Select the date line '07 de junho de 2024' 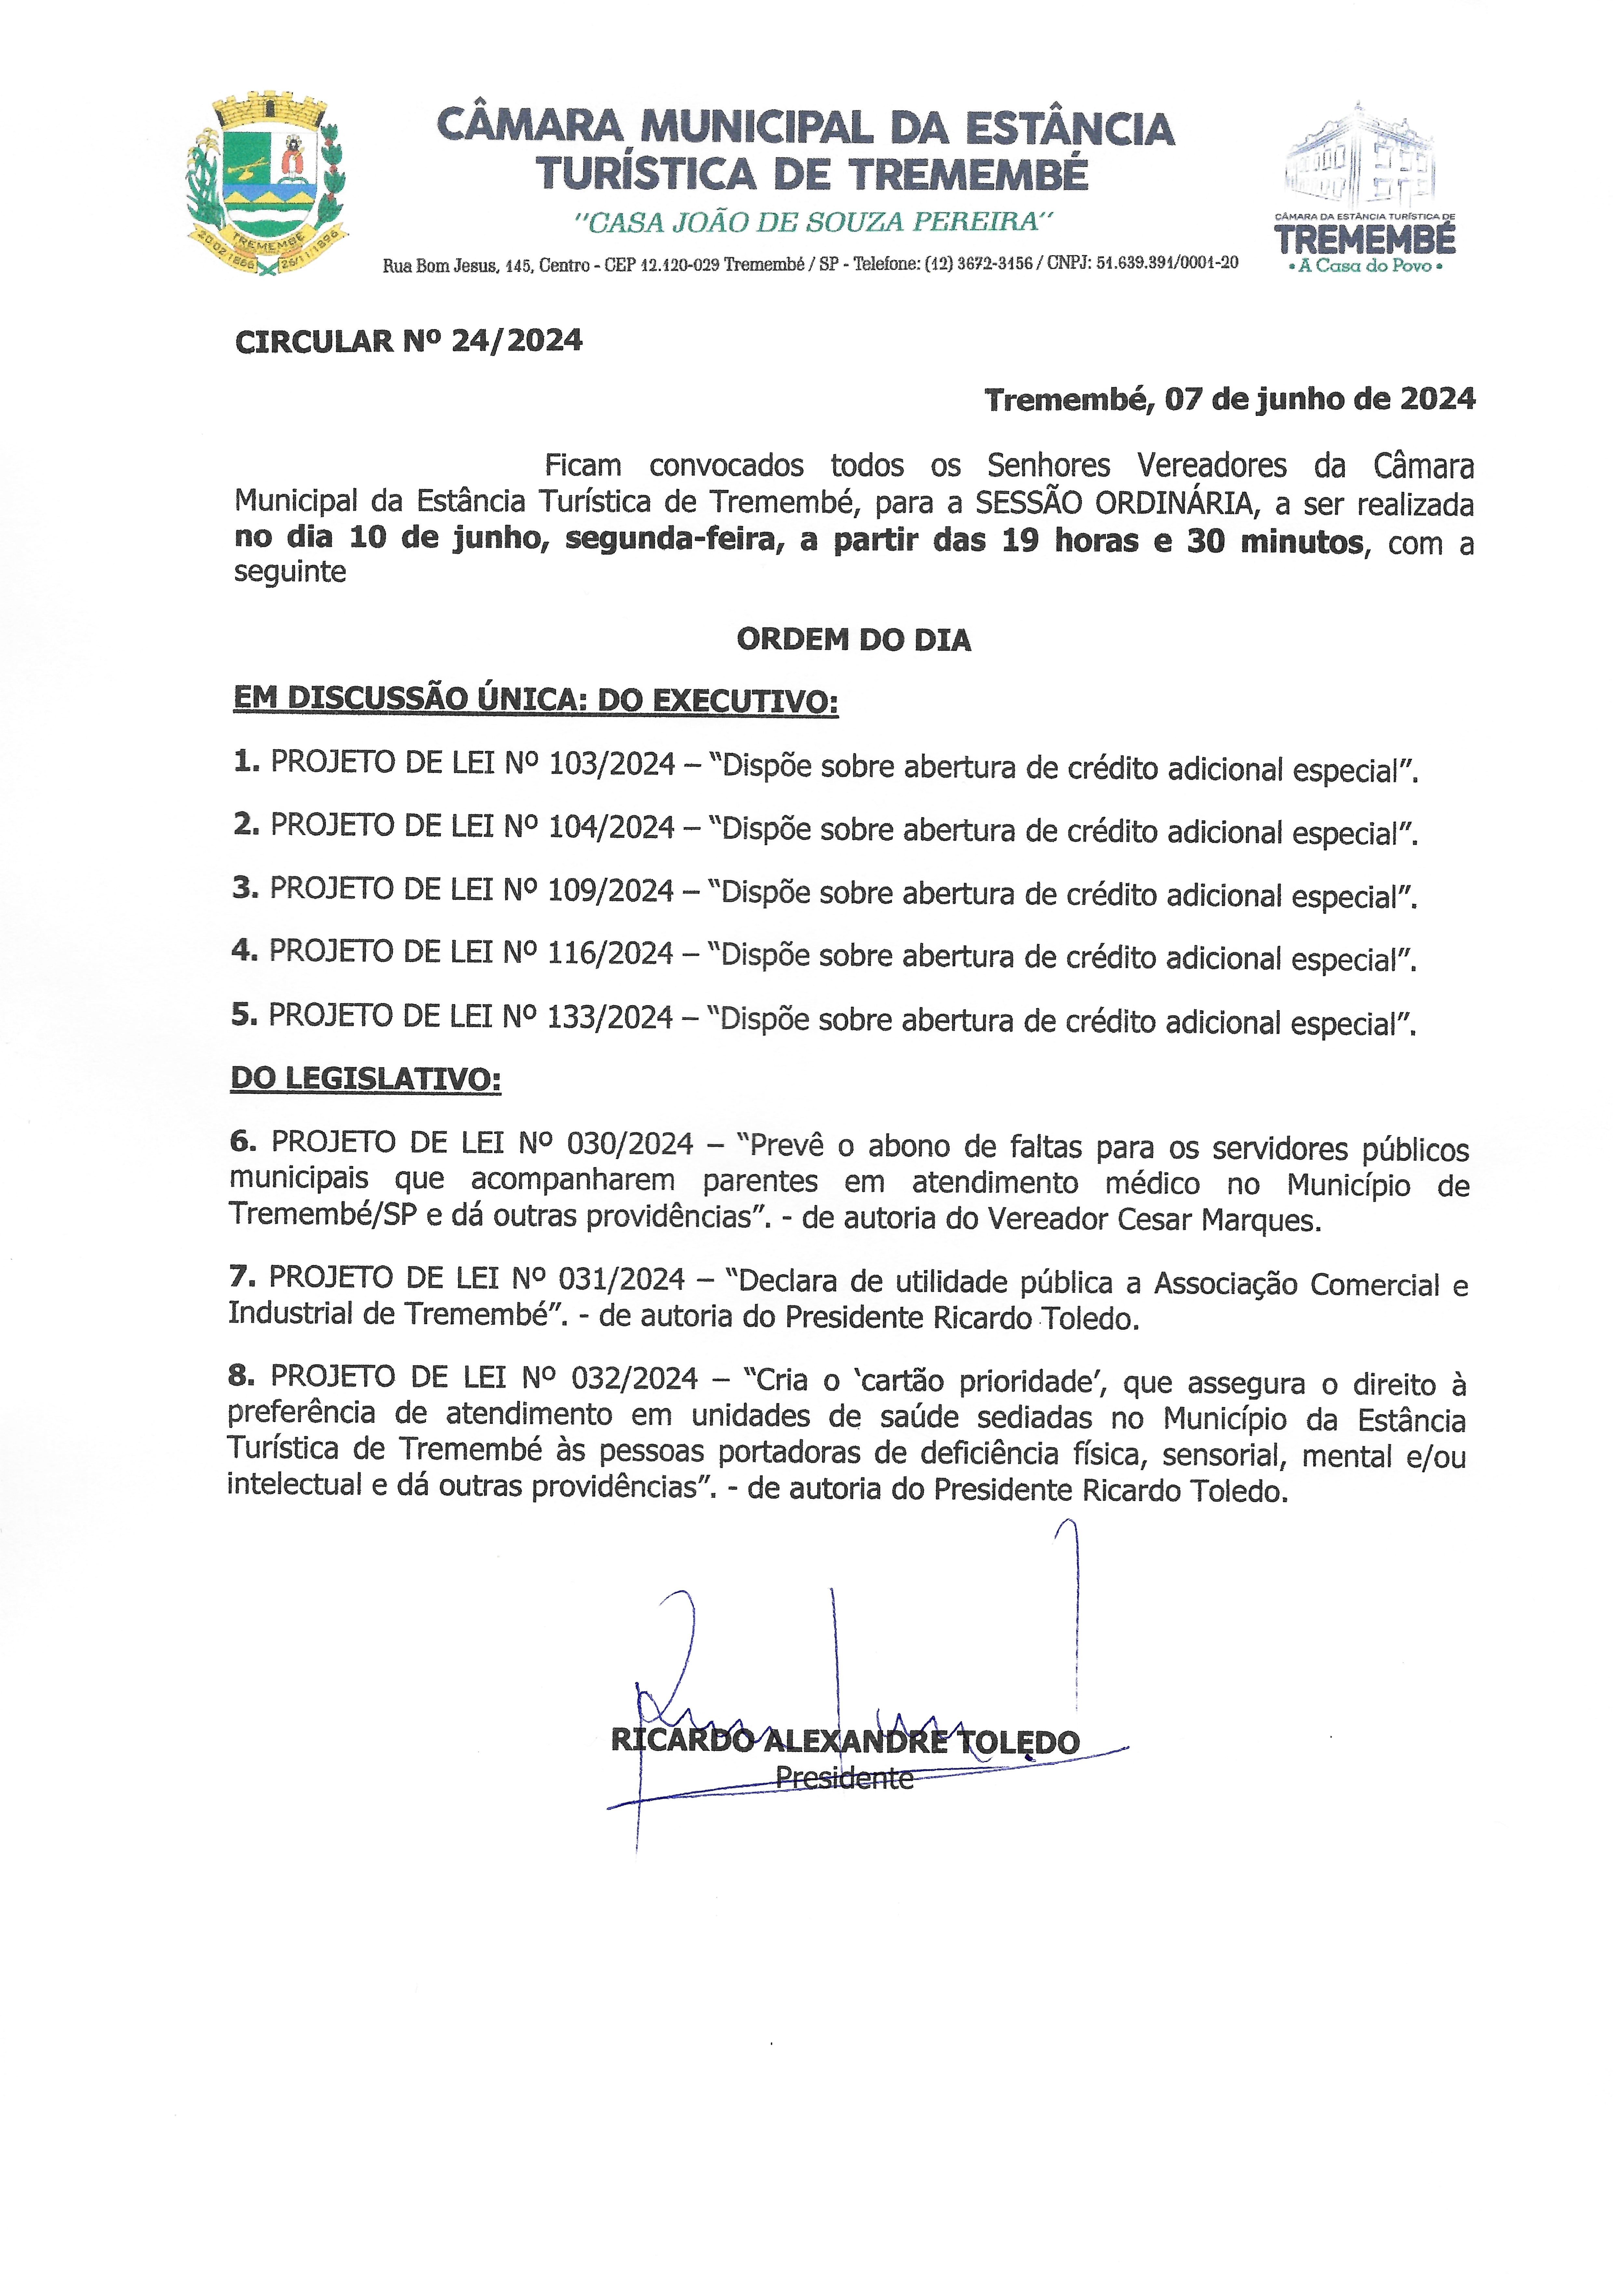(x=1319, y=399)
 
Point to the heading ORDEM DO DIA (x=853, y=640)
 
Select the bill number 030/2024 (x=630, y=1144)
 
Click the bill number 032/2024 (x=634, y=1377)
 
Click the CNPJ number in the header (x=1167, y=263)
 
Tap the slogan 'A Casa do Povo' (x=1365, y=266)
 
